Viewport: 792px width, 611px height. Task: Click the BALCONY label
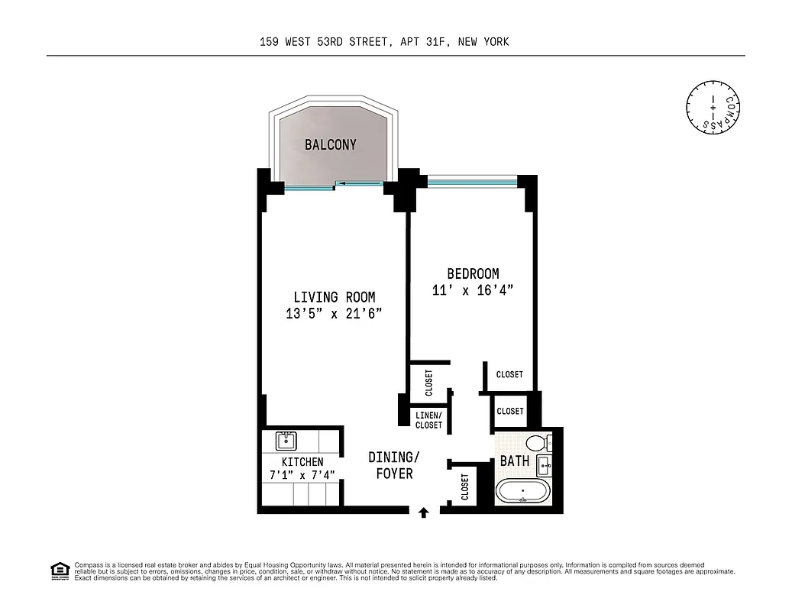pos(330,144)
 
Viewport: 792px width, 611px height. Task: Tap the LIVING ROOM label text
pos(335,297)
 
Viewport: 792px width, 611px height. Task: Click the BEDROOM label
pos(473,273)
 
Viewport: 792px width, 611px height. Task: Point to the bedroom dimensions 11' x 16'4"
pos(473,290)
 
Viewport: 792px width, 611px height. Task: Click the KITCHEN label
pos(302,462)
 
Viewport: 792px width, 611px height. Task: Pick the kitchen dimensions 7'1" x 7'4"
pos(302,476)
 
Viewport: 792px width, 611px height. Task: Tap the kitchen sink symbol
pos(286,441)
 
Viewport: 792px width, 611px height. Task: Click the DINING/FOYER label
pos(394,465)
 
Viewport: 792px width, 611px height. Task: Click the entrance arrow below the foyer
pos(424,512)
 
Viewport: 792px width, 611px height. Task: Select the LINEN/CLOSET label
pos(428,420)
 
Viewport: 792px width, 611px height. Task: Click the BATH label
pos(515,461)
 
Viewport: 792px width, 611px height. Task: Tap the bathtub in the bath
pos(522,490)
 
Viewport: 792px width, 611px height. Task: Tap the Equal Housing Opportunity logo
pos(60,570)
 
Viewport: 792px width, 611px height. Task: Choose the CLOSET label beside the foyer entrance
pos(465,487)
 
